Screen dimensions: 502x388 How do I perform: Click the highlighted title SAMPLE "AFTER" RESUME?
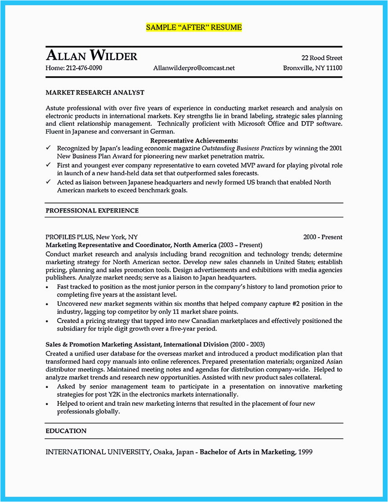[194, 28]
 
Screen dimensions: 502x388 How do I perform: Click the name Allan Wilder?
[91, 55]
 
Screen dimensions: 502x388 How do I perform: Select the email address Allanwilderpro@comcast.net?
[194, 68]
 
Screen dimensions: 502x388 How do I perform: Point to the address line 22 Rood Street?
[322, 58]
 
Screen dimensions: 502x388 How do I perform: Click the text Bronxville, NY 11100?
[313, 68]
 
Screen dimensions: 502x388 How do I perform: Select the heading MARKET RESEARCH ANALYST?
[95, 92]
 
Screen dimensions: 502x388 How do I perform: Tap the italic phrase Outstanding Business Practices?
[243, 148]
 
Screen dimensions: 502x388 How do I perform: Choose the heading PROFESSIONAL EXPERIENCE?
[92, 210]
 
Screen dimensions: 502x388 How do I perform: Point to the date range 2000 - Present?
[323, 237]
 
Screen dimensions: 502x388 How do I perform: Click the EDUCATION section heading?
[66, 431]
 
